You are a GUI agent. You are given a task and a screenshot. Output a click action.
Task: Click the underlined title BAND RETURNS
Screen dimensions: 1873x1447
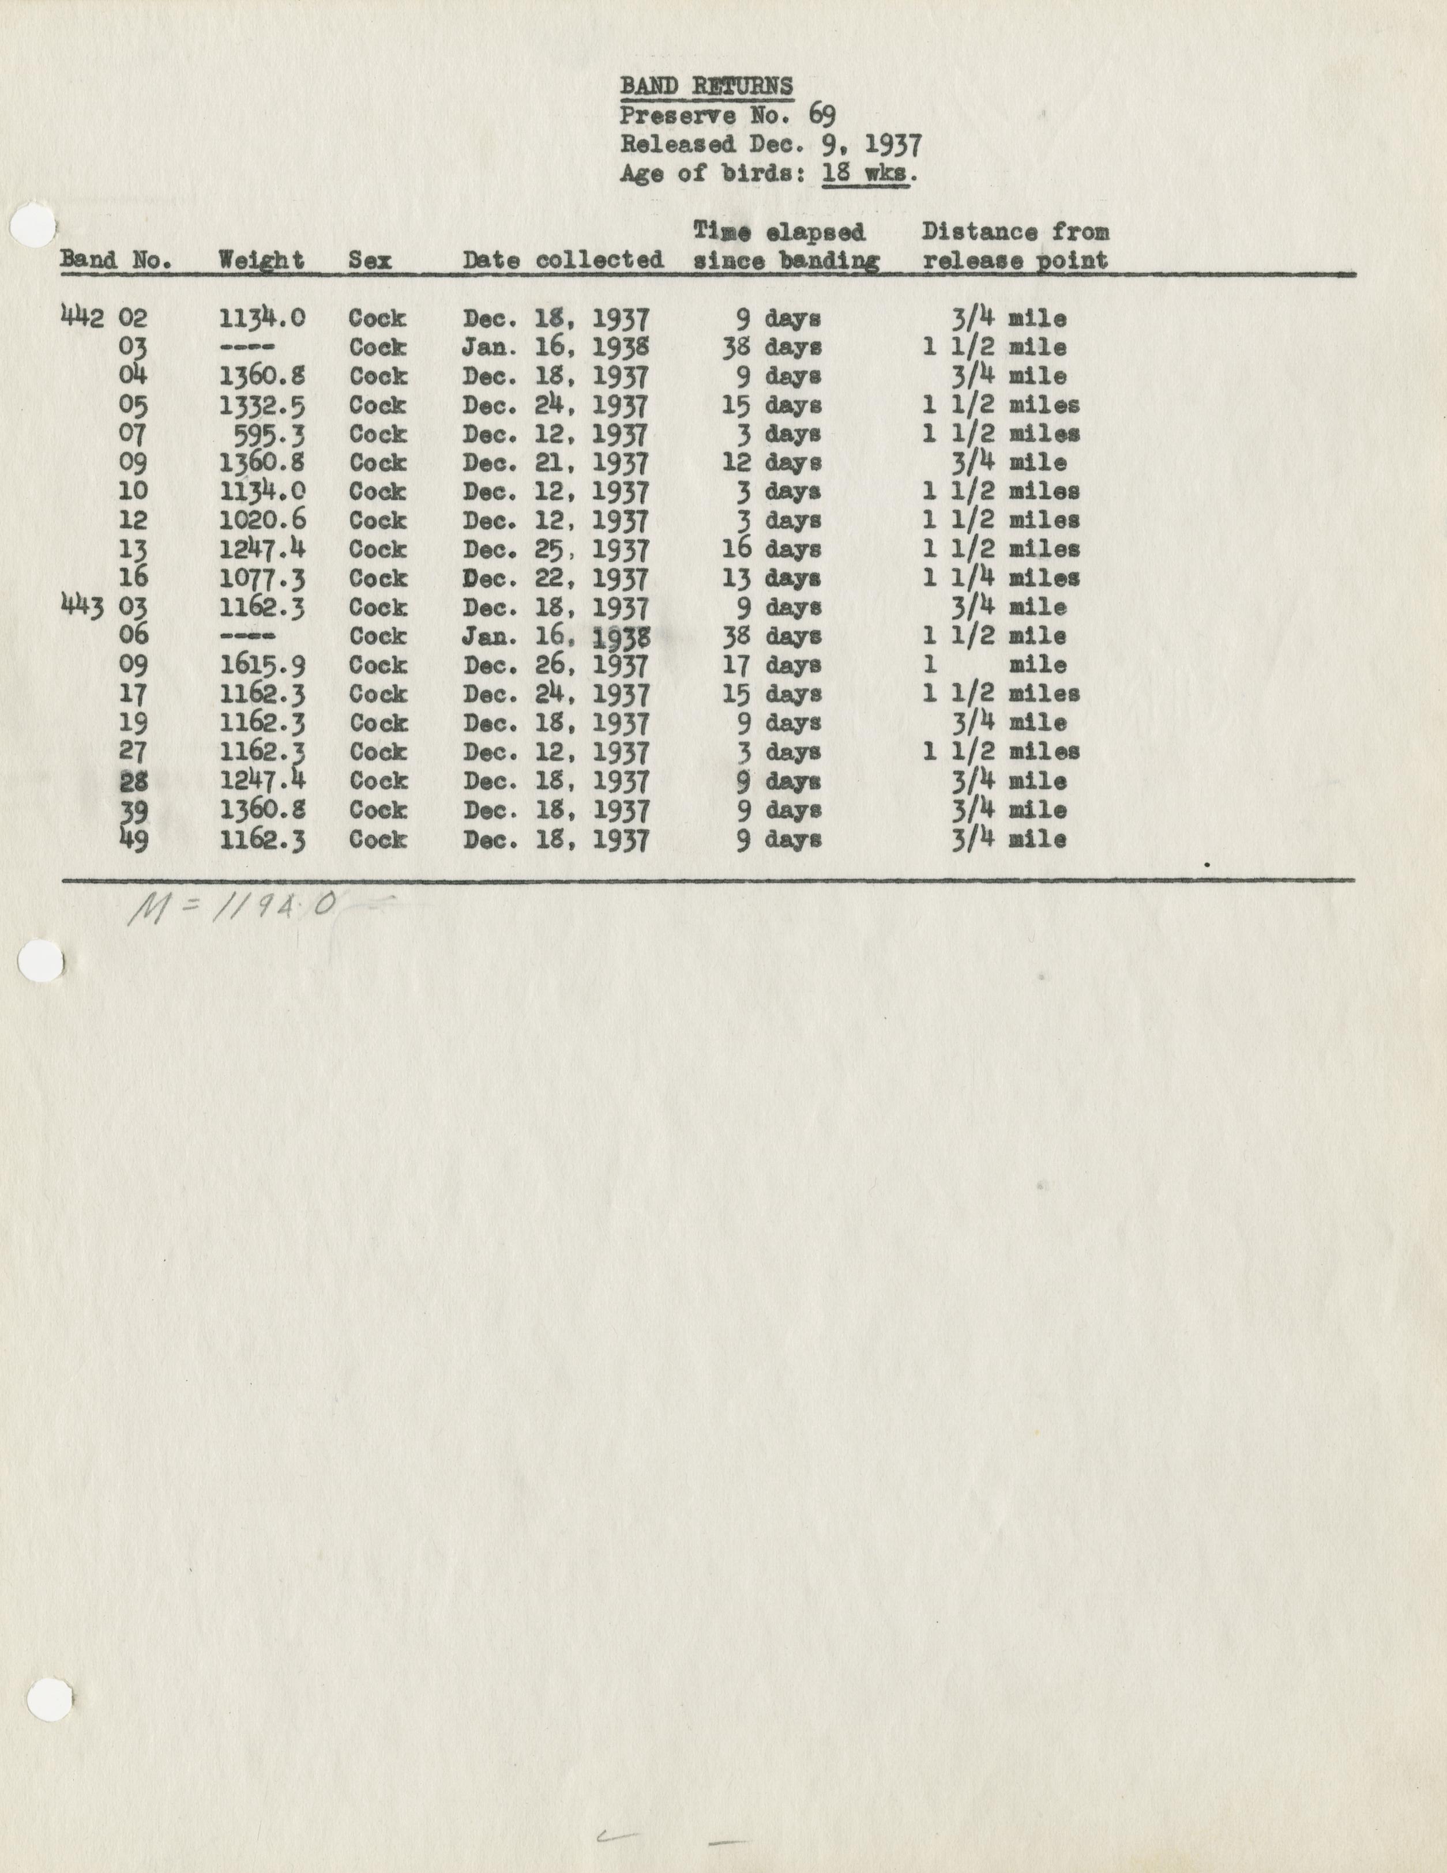pos(706,86)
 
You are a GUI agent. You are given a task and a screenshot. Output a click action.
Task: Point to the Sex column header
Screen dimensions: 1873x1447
pos(370,260)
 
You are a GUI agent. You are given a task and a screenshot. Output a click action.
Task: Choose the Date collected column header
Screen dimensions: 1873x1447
pos(563,260)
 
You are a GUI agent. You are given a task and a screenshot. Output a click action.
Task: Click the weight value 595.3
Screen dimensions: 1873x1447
pos(269,434)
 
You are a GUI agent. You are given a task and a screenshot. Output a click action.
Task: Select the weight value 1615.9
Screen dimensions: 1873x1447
pos(262,665)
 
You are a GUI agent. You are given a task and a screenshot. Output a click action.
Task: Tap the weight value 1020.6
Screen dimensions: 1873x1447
pos(262,521)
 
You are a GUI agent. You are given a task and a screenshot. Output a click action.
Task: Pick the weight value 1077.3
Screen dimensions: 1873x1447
pos(262,578)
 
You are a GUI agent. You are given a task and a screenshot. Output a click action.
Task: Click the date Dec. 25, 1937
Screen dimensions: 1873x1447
pos(556,549)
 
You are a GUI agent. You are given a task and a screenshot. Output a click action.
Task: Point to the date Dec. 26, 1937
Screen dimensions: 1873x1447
pos(556,665)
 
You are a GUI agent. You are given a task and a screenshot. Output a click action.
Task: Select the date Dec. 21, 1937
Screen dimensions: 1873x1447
pos(556,463)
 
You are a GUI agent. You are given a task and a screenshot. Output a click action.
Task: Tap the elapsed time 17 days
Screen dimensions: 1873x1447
pos(771,665)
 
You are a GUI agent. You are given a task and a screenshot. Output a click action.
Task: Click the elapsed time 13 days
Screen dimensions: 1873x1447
pos(771,578)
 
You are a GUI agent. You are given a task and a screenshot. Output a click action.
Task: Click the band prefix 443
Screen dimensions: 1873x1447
pos(82,607)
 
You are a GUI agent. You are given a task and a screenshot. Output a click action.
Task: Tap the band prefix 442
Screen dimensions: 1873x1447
pos(82,318)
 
